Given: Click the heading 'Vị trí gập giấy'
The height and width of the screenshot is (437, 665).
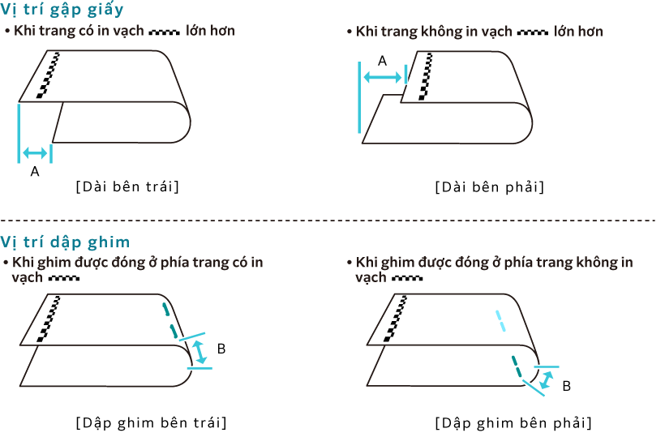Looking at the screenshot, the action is [x=62, y=10].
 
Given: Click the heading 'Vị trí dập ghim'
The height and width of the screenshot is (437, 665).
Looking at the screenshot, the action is [x=65, y=242].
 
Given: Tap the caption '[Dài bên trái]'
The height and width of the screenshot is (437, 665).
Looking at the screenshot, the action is [x=127, y=186].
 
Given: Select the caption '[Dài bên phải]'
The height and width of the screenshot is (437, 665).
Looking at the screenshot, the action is [x=489, y=187].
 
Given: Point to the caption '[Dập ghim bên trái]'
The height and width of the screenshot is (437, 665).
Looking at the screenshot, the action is [x=151, y=422].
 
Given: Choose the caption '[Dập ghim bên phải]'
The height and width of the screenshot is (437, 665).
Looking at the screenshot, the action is [x=513, y=422].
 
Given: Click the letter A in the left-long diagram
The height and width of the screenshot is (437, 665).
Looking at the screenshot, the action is [x=35, y=172].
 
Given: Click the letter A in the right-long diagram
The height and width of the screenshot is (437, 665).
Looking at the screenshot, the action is [x=382, y=61].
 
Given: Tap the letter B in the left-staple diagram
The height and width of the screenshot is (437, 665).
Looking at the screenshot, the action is [x=221, y=349].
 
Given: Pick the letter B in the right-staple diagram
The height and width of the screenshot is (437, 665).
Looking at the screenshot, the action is [x=567, y=386].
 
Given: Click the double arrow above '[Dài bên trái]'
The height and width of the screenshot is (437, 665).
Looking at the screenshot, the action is [x=35, y=152].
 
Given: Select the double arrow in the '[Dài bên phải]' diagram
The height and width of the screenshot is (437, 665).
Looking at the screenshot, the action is [x=383, y=77].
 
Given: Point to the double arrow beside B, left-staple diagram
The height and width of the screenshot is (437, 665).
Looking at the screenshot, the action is [x=199, y=352].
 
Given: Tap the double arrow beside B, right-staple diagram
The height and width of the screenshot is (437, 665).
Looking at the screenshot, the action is [x=547, y=379].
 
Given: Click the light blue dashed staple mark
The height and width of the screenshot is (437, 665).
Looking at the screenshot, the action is [x=501, y=321].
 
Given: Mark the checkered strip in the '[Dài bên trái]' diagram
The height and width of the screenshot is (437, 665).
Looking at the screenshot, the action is [x=48, y=75].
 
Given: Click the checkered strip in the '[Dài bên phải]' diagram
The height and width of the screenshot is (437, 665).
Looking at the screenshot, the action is [x=426, y=77].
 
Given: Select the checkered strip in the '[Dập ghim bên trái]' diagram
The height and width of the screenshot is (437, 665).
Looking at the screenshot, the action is [x=49, y=319].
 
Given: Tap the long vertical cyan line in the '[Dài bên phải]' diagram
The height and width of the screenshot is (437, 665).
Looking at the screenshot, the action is [x=359, y=97].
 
